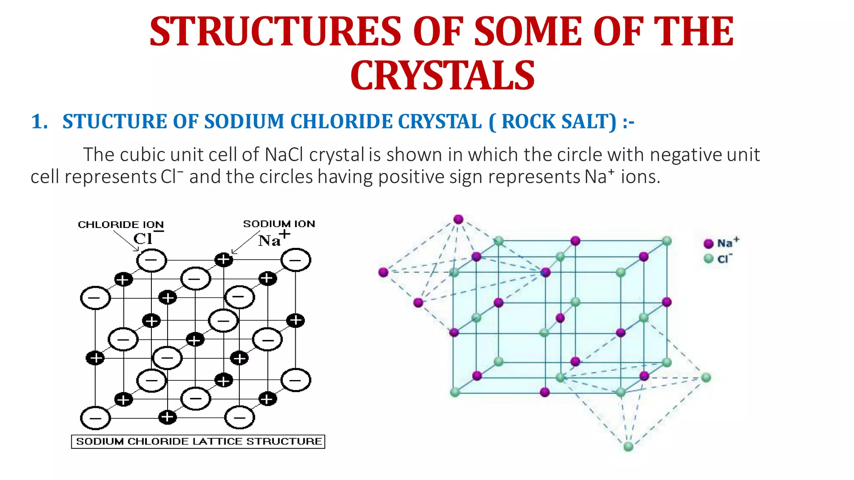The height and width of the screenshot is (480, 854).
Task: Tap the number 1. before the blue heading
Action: coord(40,122)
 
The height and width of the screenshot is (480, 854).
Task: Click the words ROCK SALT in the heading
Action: coord(559,122)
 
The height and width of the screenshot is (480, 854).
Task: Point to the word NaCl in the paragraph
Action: coord(284,155)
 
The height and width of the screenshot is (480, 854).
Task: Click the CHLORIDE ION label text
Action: coord(121,225)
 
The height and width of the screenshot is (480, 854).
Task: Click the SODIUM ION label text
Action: coord(279,224)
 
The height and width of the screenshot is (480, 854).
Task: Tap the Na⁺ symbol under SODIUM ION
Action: coord(273,240)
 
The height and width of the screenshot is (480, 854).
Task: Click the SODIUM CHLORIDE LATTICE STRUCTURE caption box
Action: coord(198,441)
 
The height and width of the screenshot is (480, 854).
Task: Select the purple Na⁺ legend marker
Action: coord(708,244)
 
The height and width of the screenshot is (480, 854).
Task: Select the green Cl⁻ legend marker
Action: coord(708,259)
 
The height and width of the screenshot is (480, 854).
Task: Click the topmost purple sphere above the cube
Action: coord(458,219)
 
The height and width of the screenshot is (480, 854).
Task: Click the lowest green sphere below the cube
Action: coord(628,447)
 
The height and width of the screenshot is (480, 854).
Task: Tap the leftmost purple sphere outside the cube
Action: coord(383,272)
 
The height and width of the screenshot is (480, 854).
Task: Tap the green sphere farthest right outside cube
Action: coord(706,377)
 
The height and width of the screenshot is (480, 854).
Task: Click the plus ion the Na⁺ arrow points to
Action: coord(224,260)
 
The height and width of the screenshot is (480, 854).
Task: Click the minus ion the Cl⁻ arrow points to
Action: coord(151,260)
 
